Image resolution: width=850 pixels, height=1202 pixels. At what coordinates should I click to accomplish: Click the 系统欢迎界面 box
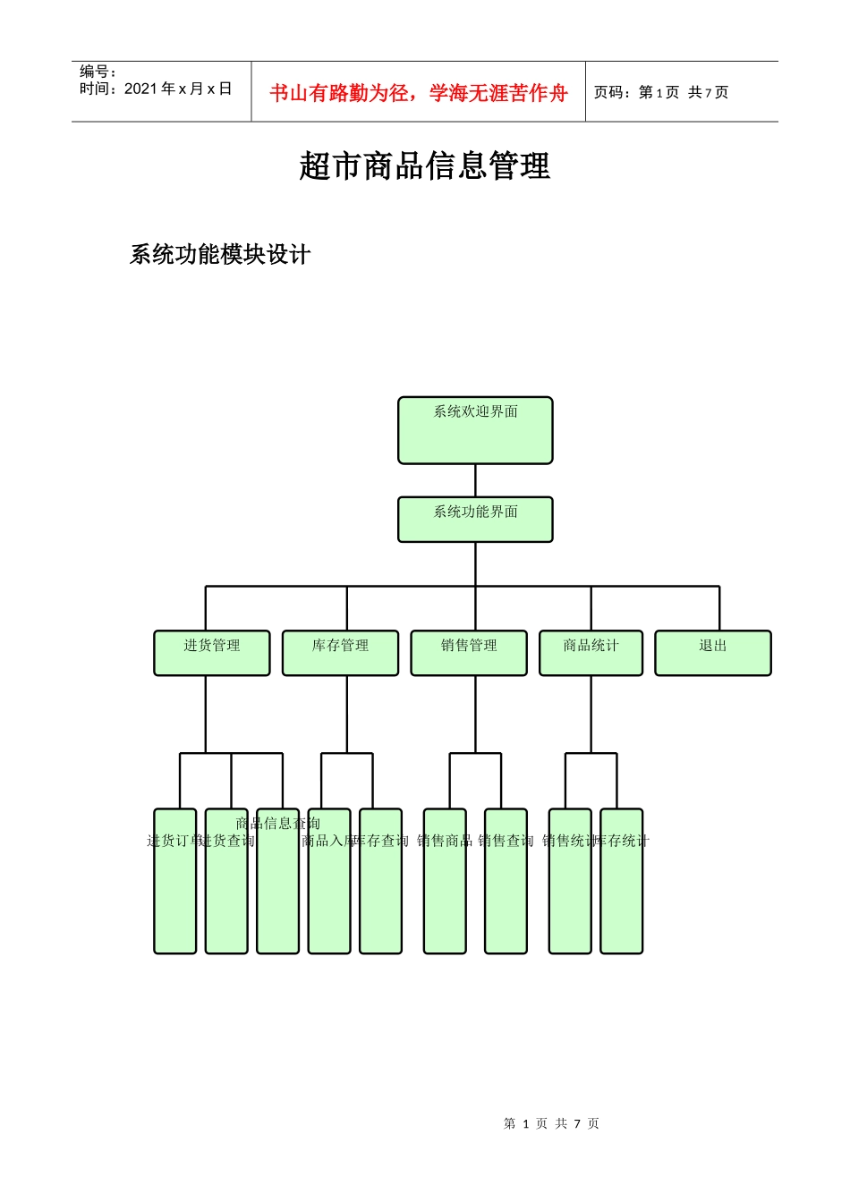coord(475,430)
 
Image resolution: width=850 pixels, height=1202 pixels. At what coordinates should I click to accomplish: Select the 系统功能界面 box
coord(475,520)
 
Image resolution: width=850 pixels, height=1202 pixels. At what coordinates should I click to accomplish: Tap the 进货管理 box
coord(212,653)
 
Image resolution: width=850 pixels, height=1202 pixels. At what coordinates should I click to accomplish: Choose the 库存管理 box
coord(340,653)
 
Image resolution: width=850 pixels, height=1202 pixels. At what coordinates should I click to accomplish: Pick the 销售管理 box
coord(469,653)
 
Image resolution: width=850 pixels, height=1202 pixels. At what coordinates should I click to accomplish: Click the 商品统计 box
coord(591,653)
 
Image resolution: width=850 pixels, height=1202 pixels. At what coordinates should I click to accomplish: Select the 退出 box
coord(713,653)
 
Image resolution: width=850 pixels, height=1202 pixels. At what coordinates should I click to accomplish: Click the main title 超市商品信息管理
coord(424,166)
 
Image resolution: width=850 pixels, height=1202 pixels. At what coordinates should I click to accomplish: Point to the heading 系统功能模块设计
coord(220,255)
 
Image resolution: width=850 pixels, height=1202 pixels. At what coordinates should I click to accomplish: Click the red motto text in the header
coord(419,93)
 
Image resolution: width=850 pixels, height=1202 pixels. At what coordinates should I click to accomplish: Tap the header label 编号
coord(98,72)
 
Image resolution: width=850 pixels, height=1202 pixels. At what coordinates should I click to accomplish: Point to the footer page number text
coord(551,1123)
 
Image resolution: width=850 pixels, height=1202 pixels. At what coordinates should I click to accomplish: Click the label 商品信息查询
coord(277,823)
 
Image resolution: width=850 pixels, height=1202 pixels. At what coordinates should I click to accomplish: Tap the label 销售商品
coord(444,841)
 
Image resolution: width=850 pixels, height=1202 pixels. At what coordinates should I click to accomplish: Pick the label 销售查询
coord(506,841)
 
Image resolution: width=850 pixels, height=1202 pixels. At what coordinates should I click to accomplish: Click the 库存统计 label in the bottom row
coord(622,841)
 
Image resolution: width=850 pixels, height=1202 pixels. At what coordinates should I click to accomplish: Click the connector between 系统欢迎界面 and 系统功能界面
coord(475,480)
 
